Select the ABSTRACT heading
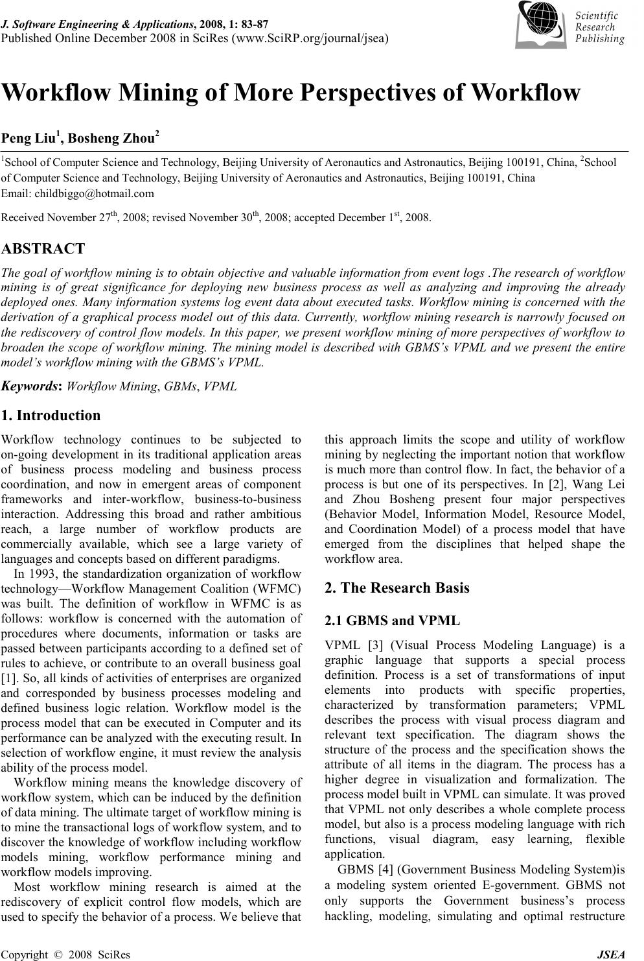click(x=43, y=248)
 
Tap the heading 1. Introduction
click(x=51, y=416)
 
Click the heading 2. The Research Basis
click(x=397, y=588)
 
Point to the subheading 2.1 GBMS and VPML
click(x=392, y=621)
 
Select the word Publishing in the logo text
click(x=599, y=39)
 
